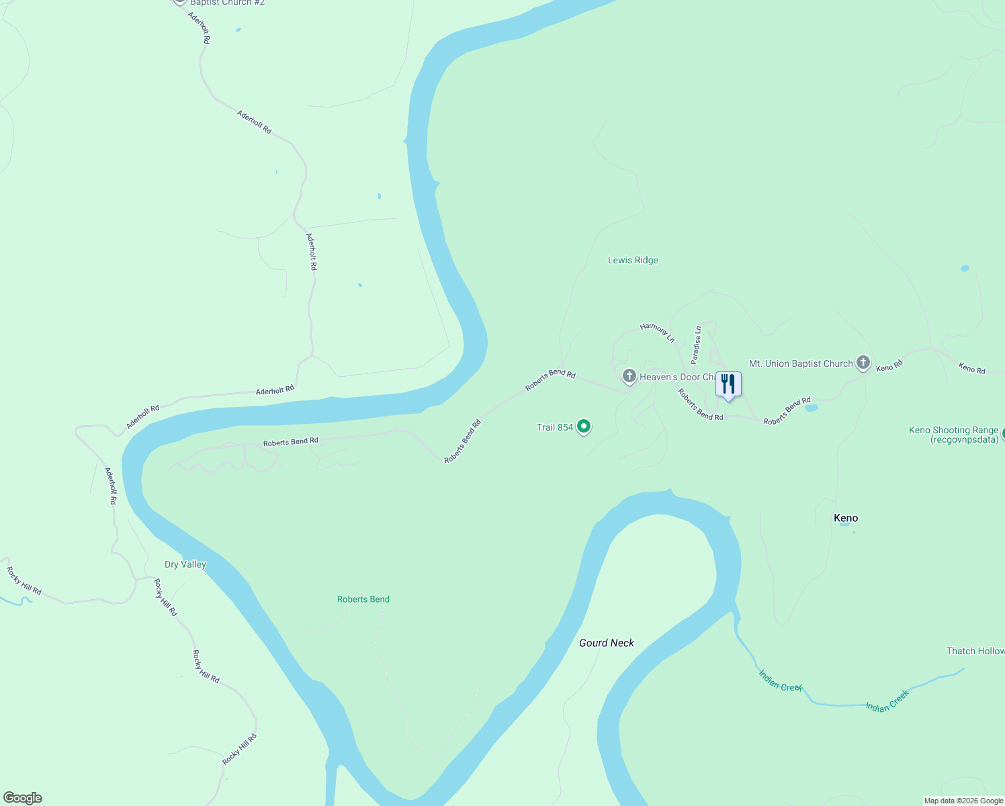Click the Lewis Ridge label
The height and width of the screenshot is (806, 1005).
tap(633, 261)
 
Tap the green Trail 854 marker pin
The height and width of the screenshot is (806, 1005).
tap(584, 427)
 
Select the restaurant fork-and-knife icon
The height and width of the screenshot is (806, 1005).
tap(728, 385)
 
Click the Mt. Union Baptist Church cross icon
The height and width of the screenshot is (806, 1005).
tap(863, 363)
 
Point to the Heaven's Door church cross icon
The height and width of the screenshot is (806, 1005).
tap(629, 376)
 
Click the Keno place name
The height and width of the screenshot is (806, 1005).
tap(846, 518)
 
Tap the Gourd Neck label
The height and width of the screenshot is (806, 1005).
tap(607, 643)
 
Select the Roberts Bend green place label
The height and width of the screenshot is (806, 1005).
tap(363, 599)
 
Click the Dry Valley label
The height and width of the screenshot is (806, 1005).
tap(185, 564)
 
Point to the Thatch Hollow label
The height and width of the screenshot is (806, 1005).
tap(975, 651)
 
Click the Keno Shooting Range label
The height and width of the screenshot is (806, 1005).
tap(953, 435)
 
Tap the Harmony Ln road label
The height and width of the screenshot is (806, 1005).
tap(657, 332)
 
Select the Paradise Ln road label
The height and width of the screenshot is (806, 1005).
tap(697, 345)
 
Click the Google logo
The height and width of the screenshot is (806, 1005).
tap(23, 798)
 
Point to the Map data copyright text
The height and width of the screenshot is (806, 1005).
tap(963, 801)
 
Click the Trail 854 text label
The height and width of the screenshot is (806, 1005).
tap(555, 427)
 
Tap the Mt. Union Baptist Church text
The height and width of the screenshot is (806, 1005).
tap(801, 363)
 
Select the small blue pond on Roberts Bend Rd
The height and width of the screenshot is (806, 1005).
tap(811, 408)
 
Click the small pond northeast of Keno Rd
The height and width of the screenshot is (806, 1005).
tap(965, 269)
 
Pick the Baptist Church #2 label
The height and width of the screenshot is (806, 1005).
tap(227, 3)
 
